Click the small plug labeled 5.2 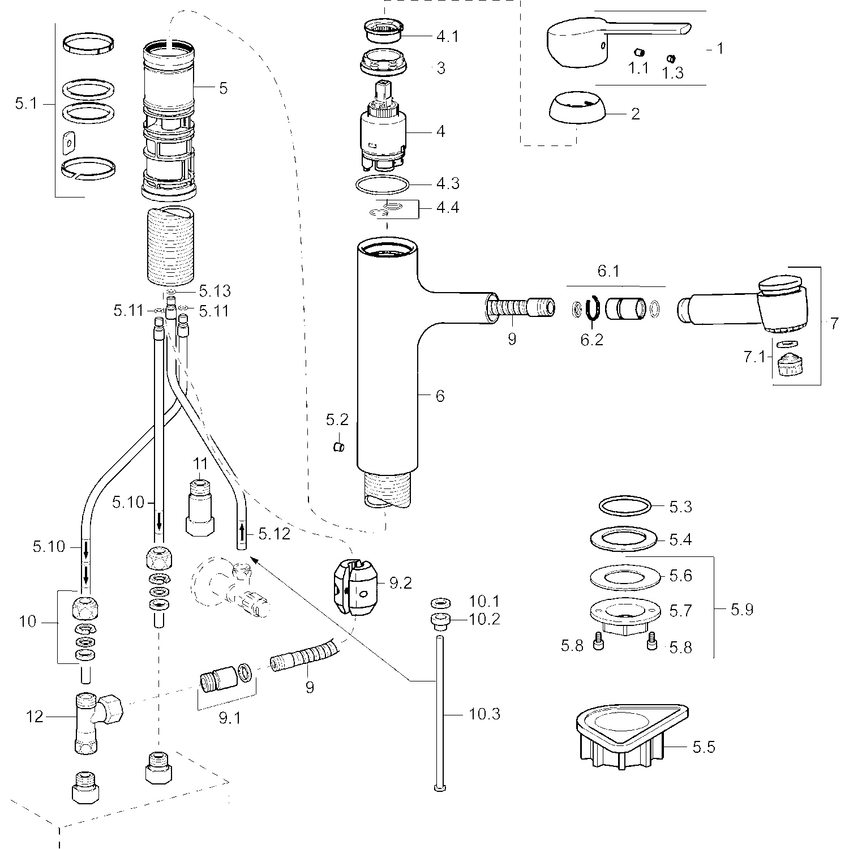338,447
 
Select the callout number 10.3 484,714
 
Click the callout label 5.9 741,610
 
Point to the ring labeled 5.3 624,506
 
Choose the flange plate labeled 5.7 625,616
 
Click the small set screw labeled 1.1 638,53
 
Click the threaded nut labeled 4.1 384,31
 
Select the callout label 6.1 608,272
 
